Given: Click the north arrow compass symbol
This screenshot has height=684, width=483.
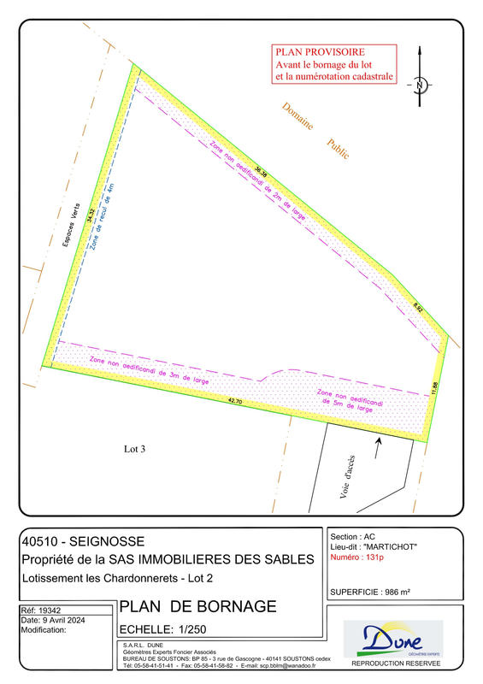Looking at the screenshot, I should coord(420,85).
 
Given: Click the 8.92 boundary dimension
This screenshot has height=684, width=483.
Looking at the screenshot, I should coord(418,305).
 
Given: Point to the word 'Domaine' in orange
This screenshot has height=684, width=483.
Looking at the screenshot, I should coord(297,117).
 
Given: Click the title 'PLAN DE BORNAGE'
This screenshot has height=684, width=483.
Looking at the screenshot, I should coord(197,607).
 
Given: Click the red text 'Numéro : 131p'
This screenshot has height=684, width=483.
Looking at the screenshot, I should coord(357,557).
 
